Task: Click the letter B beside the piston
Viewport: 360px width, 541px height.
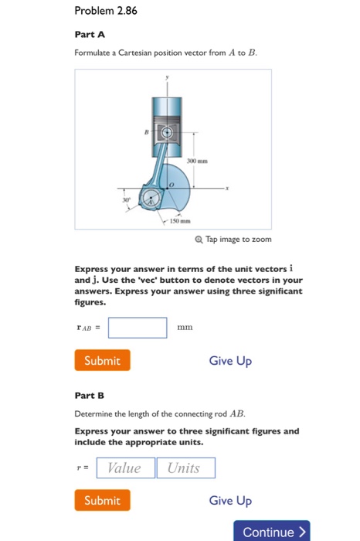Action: pyautogui.click(x=148, y=133)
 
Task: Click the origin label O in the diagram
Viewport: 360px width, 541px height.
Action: pyautogui.click(x=174, y=184)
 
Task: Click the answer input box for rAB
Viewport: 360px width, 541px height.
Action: pyautogui.click(x=138, y=328)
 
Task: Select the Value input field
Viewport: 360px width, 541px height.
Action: pyautogui.click(x=124, y=468)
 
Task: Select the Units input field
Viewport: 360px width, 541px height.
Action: pyautogui.click(x=185, y=468)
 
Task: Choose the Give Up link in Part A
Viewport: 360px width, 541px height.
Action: pyautogui.click(x=230, y=361)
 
